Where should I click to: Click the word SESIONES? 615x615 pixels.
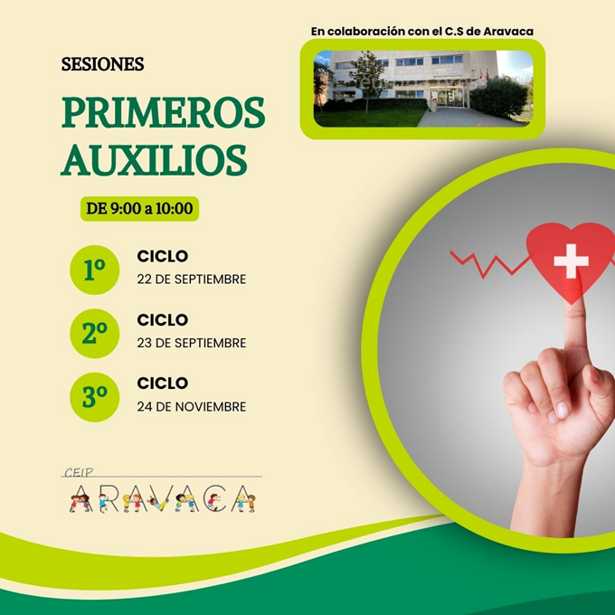[x=103, y=64]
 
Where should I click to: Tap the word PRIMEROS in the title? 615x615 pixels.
[x=163, y=112]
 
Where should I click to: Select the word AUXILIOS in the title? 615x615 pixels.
[x=154, y=160]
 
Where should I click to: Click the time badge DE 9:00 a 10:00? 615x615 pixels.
[x=139, y=209]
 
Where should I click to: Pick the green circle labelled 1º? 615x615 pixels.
[x=95, y=270]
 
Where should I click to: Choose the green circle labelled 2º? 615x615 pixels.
[x=95, y=334]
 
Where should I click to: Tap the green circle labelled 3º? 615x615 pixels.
[x=95, y=397]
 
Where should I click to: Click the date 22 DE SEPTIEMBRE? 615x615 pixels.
[x=192, y=279]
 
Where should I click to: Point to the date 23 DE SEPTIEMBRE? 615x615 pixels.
[x=192, y=343]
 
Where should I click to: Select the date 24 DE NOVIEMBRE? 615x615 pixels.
[x=192, y=407]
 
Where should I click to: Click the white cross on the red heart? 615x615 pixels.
[x=571, y=260]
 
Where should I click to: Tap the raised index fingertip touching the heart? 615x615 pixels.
[x=573, y=310]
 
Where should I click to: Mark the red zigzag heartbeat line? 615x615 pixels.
[x=489, y=264]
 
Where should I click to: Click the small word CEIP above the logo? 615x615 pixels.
[x=79, y=472]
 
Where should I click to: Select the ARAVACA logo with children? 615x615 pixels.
[x=162, y=499]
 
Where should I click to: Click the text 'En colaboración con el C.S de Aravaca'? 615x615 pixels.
[x=422, y=32]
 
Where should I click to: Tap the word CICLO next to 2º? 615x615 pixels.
[x=163, y=320]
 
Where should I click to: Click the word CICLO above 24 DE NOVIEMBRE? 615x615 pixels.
[x=163, y=383]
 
